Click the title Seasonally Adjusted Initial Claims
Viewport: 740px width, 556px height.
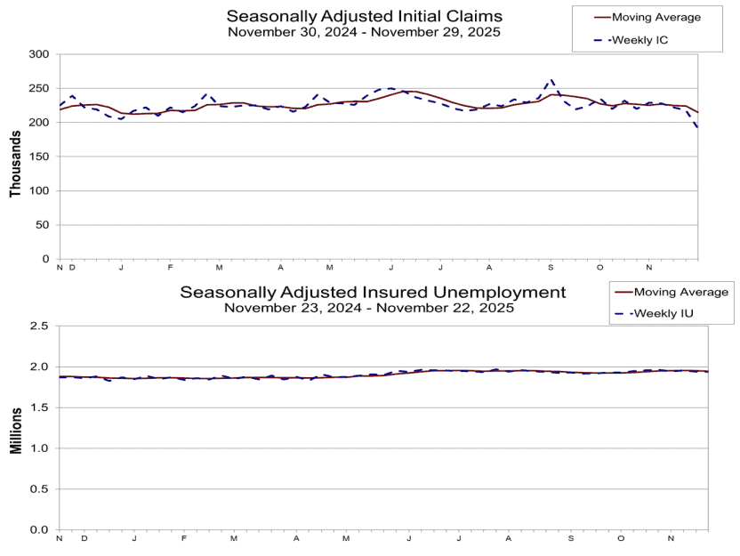click(x=364, y=16)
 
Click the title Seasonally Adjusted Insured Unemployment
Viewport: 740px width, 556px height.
click(x=373, y=292)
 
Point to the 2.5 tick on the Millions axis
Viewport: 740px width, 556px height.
click(x=39, y=326)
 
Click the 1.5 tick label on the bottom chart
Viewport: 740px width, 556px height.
click(x=39, y=407)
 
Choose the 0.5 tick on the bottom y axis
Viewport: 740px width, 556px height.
click(x=39, y=489)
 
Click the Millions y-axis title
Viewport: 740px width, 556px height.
click(x=15, y=428)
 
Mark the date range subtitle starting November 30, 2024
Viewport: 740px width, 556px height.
click(x=364, y=31)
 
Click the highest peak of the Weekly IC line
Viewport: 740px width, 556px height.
click(x=551, y=80)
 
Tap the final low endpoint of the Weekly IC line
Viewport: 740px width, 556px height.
click(x=697, y=127)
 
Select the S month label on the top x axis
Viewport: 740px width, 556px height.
click(x=551, y=268)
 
